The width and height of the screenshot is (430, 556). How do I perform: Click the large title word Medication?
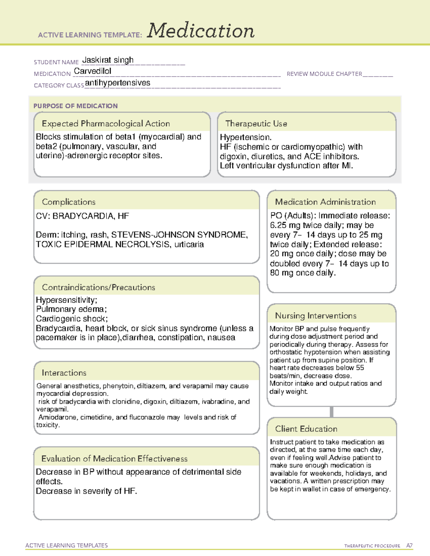[x=201, y=31]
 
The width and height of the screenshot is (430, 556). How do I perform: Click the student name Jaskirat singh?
[x=108, y=60]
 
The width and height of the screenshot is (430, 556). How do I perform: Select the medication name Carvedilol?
[x=92, y=71]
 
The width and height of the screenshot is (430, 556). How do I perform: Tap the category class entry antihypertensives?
[x=118, y=83]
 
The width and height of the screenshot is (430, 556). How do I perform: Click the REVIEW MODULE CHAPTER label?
[x=324, y=74]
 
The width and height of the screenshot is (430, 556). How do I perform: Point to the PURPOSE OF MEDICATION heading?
[x=76, y=106]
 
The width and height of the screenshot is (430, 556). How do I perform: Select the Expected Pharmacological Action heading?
[x=106, y=124]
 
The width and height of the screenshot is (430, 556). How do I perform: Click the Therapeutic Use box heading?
[x=256, y=124]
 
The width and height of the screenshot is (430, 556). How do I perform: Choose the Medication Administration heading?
[x=325, y=202]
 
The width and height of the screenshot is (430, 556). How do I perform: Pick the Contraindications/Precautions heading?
[x=99, y=287]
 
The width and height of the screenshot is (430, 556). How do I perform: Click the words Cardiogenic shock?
[x=71, y=319]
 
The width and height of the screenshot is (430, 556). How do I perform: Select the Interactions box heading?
[x=64, y=373]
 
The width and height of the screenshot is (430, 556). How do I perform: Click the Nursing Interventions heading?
[x=315, y=315]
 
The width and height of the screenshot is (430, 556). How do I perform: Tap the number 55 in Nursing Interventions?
[x=360, y=368]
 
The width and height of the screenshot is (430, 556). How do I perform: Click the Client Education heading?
[x=306, y=429]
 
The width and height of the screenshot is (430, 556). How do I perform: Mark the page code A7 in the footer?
[x=409, y=546]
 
